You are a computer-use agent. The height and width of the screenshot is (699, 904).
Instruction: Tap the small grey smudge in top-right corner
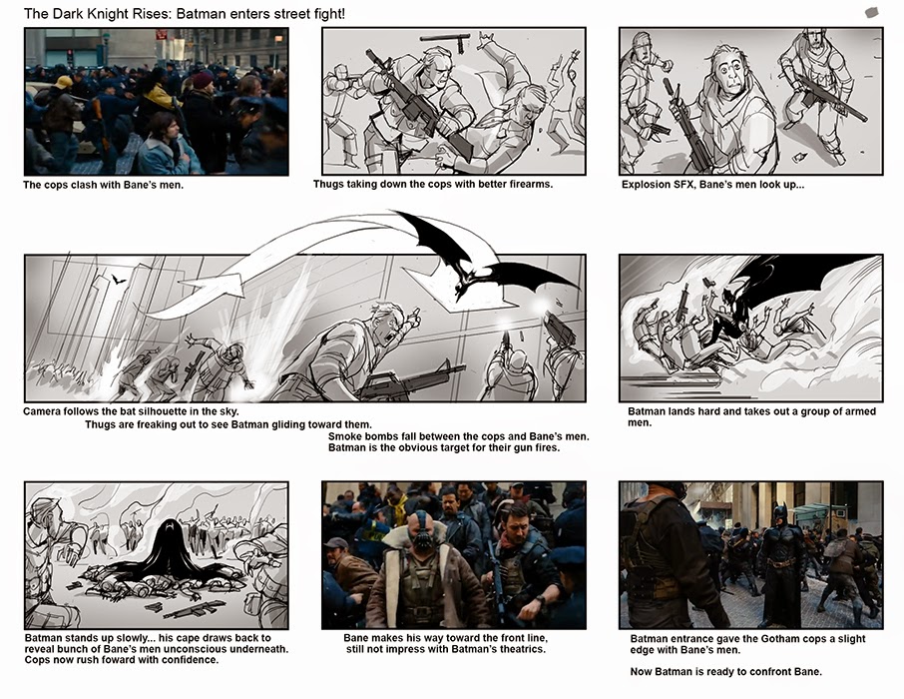click(871, 12)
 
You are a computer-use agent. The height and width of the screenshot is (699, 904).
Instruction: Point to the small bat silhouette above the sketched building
click(118, 281)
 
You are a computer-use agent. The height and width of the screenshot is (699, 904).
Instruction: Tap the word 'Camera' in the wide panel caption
click(46, 411)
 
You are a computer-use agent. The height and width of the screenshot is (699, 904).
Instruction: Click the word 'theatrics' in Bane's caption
click(519, 650)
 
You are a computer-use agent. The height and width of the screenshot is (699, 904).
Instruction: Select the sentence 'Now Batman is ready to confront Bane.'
click(725, 671)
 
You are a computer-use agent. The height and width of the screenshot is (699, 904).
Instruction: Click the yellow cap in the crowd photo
click(65, 82)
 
